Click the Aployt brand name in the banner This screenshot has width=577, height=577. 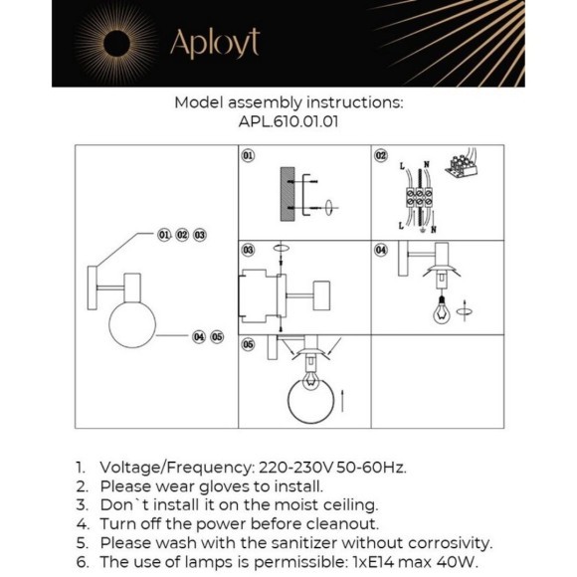click(215, 44)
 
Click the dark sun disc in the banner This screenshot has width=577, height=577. click(116, 44)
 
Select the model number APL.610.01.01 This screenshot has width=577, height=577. click(288, 121)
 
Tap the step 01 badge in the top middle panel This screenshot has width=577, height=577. click(248, 155)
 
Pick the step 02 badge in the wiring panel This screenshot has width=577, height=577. click(381, 155)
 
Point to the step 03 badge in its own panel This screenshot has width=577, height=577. click(248, 251)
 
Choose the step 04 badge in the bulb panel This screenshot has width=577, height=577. click(381, 251)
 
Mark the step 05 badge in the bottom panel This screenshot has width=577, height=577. click(248, 345)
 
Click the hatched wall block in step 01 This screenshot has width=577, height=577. click(288, 194)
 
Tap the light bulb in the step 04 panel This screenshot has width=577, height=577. click(442, 309)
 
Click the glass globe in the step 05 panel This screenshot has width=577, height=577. click(310, 401)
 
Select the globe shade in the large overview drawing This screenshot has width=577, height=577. click(132, 324)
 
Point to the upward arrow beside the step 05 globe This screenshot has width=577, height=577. click(342, 401)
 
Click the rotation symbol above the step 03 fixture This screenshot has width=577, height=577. click(281, 249)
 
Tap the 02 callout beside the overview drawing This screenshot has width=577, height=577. click(182, 235)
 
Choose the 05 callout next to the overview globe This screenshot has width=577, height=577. click(217, 336)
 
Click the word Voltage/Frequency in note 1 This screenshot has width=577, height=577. click(177, 468)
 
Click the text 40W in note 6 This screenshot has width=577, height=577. click(458, 562)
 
